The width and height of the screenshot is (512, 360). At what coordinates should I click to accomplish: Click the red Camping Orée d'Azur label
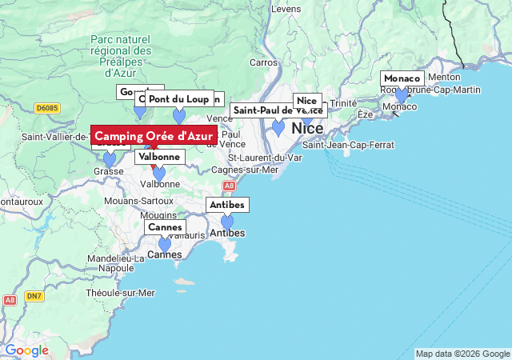[x=154, y=136]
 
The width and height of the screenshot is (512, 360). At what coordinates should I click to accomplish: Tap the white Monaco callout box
[x=402, y=78]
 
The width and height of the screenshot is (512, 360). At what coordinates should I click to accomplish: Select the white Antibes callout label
[x=227, y=205]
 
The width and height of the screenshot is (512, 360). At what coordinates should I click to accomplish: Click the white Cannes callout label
[x=165, y=227]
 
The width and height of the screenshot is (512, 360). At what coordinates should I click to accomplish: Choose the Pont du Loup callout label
[x=179, y=99]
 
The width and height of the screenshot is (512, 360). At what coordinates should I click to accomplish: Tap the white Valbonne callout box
[x=158, y=157]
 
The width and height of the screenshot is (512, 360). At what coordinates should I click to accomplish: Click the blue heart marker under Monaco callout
[x=402, y=96]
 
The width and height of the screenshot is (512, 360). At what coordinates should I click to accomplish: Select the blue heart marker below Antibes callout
[x=227, y=222]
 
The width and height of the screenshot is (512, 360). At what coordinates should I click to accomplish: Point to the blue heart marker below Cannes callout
[x=165, y=245]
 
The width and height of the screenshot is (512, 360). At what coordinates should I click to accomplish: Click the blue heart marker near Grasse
[x=110, y=160]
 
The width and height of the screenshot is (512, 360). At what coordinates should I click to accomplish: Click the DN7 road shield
[x=33, y=296]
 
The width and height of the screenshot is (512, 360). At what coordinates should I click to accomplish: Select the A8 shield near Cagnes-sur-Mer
[x=229, y=186]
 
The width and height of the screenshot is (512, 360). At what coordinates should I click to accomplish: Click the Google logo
[x=26, y=350]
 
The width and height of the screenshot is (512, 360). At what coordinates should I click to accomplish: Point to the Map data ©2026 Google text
[x=462, y=354]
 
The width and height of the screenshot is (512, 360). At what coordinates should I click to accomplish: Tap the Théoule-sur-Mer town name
[x=120, y=294]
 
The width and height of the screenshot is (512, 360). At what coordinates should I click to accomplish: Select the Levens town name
[x=286, y=9]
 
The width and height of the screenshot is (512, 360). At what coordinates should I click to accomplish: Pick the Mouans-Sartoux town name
[x=138, y=200]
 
